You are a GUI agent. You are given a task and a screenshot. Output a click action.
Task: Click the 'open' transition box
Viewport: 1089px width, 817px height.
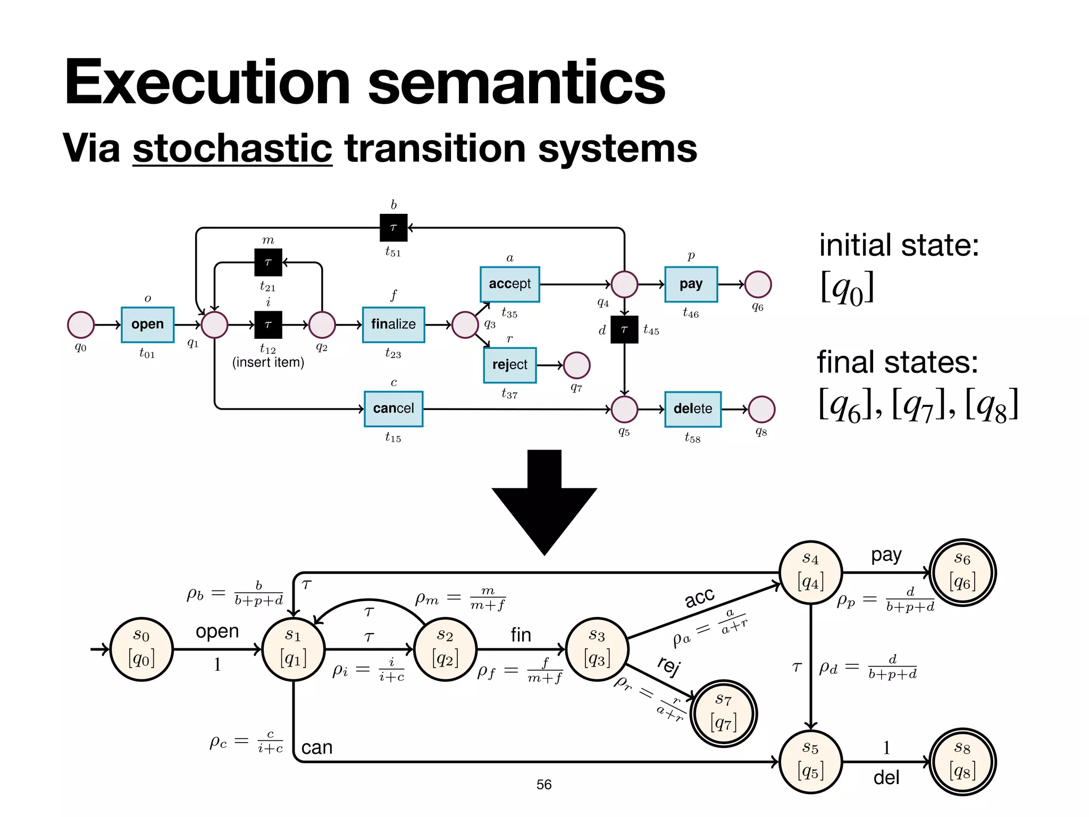click(147, 324)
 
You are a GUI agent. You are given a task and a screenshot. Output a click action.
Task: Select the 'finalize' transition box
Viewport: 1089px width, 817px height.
click(393, 324)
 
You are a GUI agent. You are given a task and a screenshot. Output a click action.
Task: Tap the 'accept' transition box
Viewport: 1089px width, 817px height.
click(509, 284)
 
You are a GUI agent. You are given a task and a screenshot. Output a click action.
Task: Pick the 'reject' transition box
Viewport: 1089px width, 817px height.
click(509, 365)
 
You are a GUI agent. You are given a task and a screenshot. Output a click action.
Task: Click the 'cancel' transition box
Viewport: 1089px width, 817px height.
click(393, 408)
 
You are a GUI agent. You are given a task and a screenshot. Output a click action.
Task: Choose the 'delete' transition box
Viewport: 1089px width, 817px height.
click(692, 409)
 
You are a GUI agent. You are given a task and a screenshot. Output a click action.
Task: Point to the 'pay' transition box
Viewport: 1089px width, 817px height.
click(691, 284)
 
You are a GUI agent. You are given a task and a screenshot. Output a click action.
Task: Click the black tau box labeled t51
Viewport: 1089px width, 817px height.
click(393, 228)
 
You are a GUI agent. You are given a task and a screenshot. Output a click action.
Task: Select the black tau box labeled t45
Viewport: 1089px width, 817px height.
click(624, 330)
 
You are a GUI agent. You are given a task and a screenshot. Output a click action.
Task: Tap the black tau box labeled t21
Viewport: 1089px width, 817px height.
click(268, 262)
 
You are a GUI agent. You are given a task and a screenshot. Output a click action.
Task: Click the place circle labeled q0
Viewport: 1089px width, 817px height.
click(81, 325)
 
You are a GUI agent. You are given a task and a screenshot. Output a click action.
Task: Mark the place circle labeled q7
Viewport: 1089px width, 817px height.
click(576, 365)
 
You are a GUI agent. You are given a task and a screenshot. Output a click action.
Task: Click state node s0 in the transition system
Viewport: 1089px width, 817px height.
click(141, 649)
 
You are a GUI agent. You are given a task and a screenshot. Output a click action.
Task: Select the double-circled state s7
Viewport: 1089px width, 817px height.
click(723, 713)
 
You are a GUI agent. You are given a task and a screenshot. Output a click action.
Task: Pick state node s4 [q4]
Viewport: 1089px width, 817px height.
click(810, 572)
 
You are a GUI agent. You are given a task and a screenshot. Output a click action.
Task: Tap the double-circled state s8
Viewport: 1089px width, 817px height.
click(962, 762)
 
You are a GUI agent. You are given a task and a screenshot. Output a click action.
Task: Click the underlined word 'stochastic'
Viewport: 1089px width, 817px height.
click(232, 148)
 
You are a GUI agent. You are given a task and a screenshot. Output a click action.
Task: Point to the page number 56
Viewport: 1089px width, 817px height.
click(543, 785)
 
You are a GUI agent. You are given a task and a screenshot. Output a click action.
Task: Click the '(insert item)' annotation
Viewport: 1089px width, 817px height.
click(268, 363)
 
